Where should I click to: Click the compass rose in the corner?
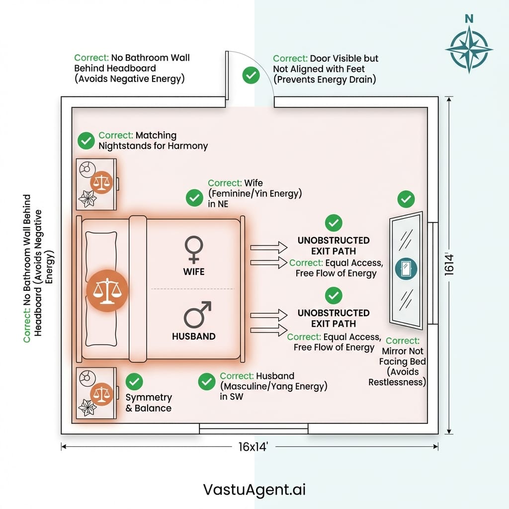tap(468, 49)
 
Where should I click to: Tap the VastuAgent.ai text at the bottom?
tap(254, 490)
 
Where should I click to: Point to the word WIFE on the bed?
tap(193, 272)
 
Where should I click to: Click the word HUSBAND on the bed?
tap(194, 337)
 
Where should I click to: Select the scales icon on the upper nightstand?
tap(102, 182)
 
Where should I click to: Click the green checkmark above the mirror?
tap(406, 200)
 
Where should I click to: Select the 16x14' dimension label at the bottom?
tap(254, 447)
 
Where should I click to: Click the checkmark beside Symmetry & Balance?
tap(134, 381)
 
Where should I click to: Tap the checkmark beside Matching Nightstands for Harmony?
tap(86, 141)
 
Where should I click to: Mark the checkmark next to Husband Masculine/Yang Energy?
tap(206, 382)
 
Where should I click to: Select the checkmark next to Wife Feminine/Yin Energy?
tap(194, 198)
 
